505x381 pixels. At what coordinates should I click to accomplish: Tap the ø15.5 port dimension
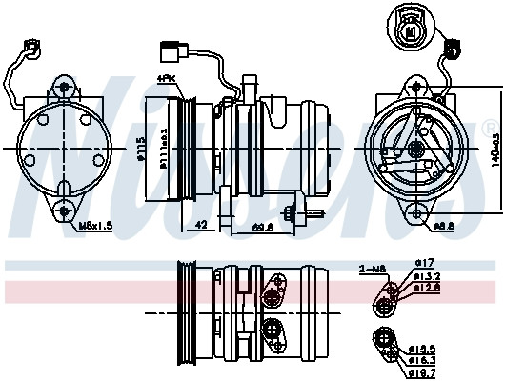424,350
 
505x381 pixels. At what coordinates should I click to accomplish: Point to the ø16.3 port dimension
425,361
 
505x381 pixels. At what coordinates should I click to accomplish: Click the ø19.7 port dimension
425,372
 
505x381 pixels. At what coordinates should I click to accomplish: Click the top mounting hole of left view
63,87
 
